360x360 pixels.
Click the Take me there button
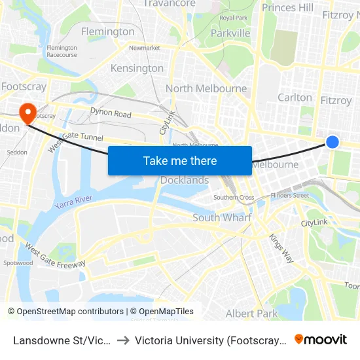(179, 160)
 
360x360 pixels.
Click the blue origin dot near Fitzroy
(333, 142)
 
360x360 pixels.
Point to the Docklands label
(185, 180)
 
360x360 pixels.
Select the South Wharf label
(222, 217)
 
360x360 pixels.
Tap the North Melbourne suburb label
(206, 88)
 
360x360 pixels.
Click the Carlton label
(295, 98)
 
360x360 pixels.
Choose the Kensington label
(137, 68)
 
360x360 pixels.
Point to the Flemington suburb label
(107, 31)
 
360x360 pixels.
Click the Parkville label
(230, 33)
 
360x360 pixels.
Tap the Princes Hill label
(287, 8)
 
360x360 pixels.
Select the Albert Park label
(251, 314)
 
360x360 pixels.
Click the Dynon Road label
(111, 113)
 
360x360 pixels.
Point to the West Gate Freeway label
(55, 255)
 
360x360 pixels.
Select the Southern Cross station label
(234, 198)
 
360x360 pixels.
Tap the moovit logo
(321, 339)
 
